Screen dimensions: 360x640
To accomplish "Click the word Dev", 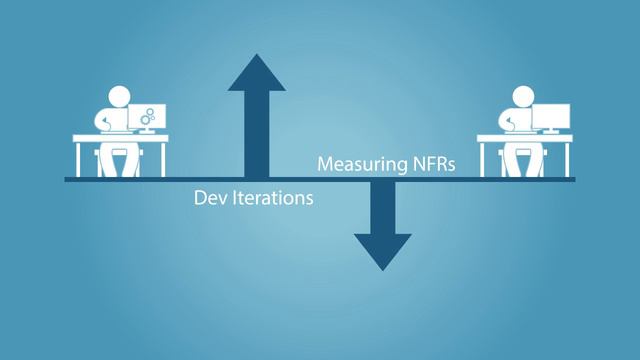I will pyautogui.click(x=208, y=198).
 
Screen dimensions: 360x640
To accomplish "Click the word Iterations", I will pyautogui.click(x=268, y=198).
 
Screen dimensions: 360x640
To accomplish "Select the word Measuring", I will pyautogui.click(x=361, y=163).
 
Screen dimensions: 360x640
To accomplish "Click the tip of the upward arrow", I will pyautogui.click(x=257, y=56).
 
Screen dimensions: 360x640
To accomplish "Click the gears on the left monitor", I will pyautogui.click(x=148, y=118).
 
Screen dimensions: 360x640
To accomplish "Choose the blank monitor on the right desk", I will pyautogui.click(x=550, y=117).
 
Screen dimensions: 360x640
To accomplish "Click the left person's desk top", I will pyautogui.click(x=119, y=138).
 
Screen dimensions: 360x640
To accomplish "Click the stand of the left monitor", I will pyautogui.click(x=146, y=132).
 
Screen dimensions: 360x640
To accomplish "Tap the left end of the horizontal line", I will pyautogui.click(x=67, y=180).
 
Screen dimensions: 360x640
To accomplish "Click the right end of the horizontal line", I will pyautogui.click(x=573, y=180).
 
